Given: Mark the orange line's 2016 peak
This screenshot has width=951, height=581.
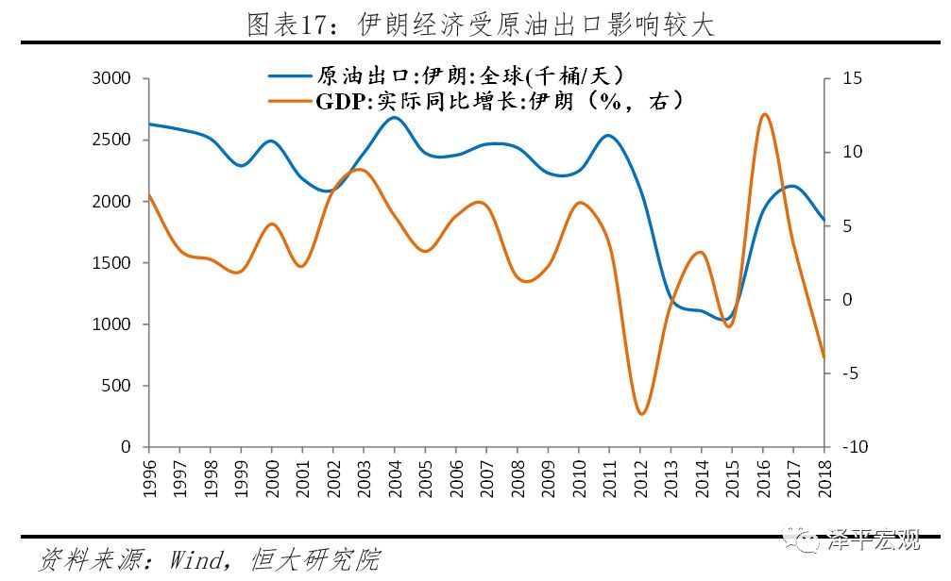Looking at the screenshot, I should click(x=764, y=114).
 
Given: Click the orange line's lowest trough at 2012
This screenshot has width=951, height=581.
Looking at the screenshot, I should click(x=641, y=414).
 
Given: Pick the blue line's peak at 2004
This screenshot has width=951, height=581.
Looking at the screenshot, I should click(x=395, y=117).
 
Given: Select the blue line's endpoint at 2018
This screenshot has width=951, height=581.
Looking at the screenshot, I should click(x=824, y=220).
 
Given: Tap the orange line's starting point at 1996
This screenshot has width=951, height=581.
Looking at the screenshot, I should click(x=149, y=195).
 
